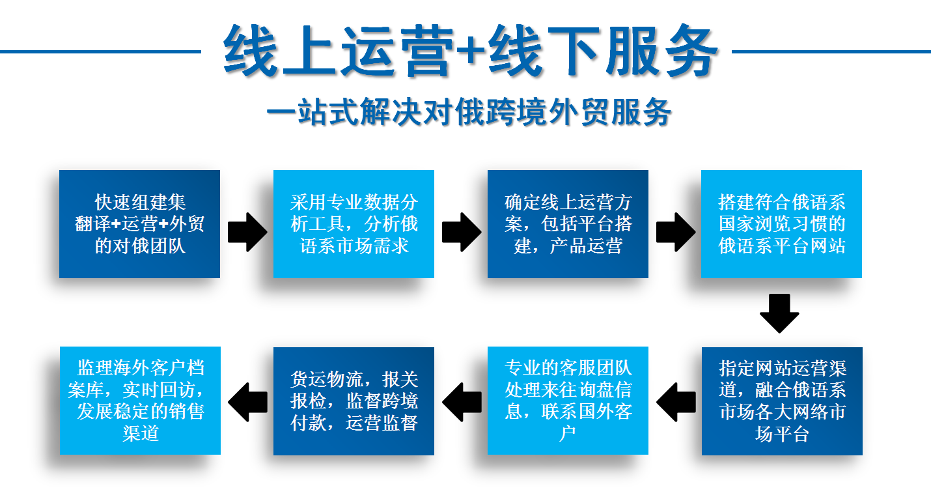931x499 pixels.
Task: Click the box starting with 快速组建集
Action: (139, 223)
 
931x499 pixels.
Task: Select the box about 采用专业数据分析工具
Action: (354, 223)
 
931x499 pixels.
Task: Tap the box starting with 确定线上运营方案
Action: (568, 223)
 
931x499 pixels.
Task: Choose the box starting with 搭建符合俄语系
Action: (781, 223)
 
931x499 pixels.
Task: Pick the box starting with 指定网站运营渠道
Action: (782, 401)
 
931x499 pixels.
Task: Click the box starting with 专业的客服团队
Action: (568, 401)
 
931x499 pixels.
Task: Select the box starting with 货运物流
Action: (354, 401)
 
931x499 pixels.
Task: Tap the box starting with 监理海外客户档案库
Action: (140, 401)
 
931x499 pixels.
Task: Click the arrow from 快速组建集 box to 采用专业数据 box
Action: (247, 232)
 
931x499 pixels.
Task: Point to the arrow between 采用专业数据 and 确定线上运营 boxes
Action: (462, 232)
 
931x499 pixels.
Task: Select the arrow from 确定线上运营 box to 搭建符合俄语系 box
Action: (675, 232)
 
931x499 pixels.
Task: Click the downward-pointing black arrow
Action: (779, 313)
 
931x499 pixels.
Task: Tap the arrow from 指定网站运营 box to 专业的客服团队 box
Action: (676, 402)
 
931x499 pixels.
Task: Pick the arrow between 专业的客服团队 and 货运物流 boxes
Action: (462, 402)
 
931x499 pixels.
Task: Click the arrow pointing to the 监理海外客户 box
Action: (247, 402)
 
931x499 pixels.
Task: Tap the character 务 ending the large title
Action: (691, 50)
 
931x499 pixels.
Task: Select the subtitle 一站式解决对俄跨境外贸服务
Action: (469, 111)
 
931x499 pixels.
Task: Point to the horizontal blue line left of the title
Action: (100, 51)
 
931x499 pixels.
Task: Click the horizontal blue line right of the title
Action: (831, 51)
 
